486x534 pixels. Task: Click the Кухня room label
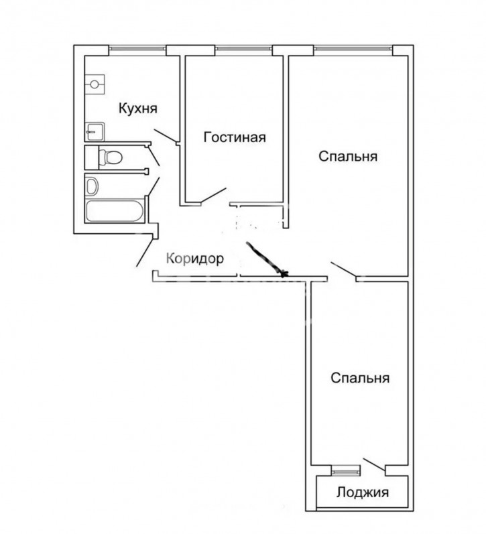138,109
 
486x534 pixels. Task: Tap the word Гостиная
235,137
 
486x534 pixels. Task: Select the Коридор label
195,259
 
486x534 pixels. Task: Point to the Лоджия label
363,492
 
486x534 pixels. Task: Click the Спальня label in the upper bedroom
348,156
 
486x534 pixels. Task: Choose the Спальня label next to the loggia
360,378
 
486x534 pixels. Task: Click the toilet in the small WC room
111,157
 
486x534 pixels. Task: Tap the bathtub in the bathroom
114,211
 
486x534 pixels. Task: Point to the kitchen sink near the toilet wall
95,131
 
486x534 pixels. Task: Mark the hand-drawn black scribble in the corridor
267,259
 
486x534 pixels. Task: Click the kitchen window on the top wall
137,50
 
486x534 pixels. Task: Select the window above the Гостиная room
244,50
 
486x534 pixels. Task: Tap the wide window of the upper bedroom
353,50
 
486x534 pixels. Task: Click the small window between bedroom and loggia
345,472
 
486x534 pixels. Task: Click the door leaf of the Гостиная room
213,196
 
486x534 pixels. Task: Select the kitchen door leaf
165,136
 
